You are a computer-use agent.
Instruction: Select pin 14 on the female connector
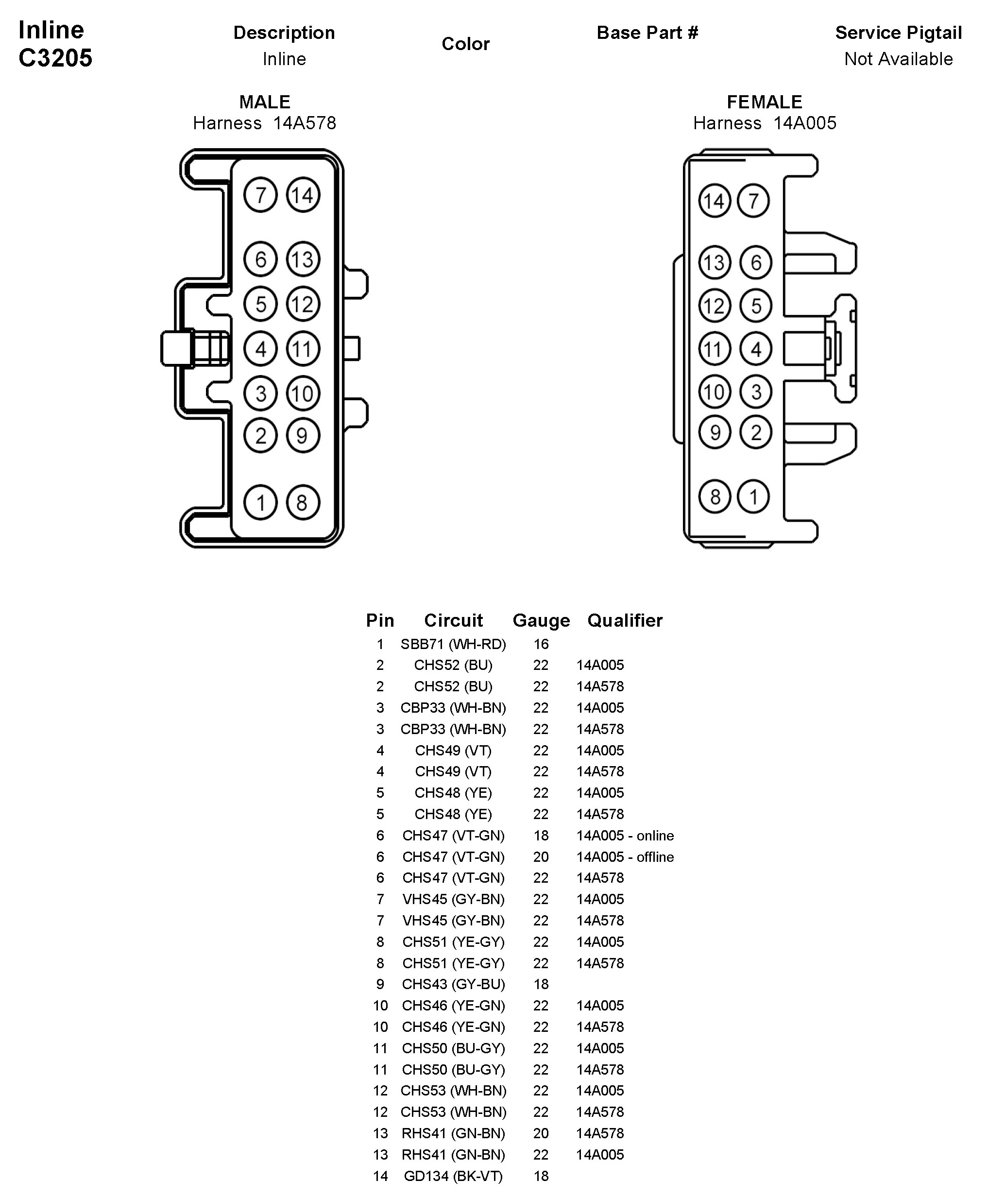coord(714,201)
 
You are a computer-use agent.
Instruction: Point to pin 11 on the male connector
coord(302,348)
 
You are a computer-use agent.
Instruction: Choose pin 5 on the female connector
coord(756,306)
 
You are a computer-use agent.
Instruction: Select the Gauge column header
coord(541,620)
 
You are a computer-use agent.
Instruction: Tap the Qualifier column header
coord(624,620)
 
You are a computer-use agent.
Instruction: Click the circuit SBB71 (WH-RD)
coord(453,644)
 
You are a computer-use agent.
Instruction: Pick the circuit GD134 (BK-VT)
coord(453,1176)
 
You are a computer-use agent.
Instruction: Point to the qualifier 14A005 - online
coord(624,836)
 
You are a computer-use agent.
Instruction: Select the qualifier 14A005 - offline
coord(624,856)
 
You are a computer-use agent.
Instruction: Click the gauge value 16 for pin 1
coord(541,644)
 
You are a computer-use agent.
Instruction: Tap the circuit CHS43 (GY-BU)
coord(453,984)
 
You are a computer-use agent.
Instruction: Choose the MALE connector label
coord(265,102)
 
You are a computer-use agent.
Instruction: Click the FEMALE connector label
coord(765,102)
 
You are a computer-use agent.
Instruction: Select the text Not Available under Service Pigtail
coord(898,59)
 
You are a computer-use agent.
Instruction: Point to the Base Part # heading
coord(647,33)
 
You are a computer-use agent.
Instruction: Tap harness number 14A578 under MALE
coord(305,123)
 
